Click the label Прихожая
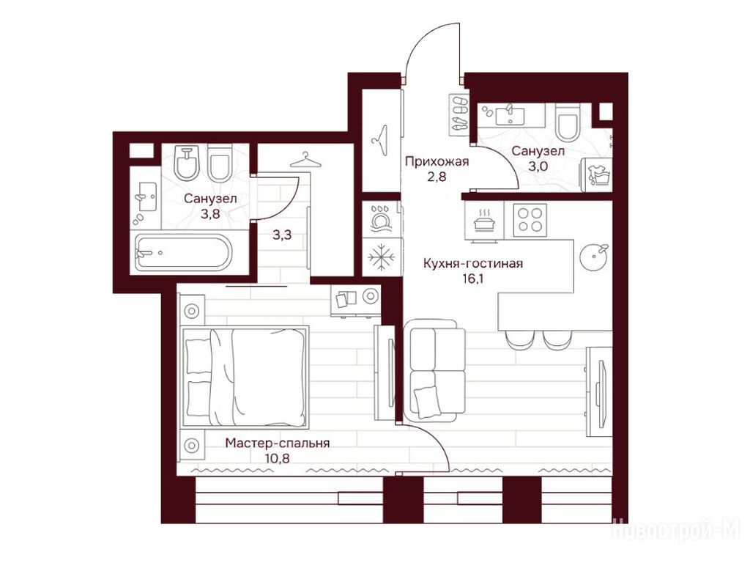(x=437, y=161)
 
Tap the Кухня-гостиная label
(x=472, y=263)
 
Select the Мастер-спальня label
(x=278, y=444)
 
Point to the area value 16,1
(x=472, y=279)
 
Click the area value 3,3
(x=282, y=235)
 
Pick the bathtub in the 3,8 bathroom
(x=183, y=252)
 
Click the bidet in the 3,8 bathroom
(x=187, y=163)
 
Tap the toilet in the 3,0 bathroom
(x=568, y=122)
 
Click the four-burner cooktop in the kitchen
(x=530, y=220)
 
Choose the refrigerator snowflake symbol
(x=382, y=257)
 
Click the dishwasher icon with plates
(x=382, y=219)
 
